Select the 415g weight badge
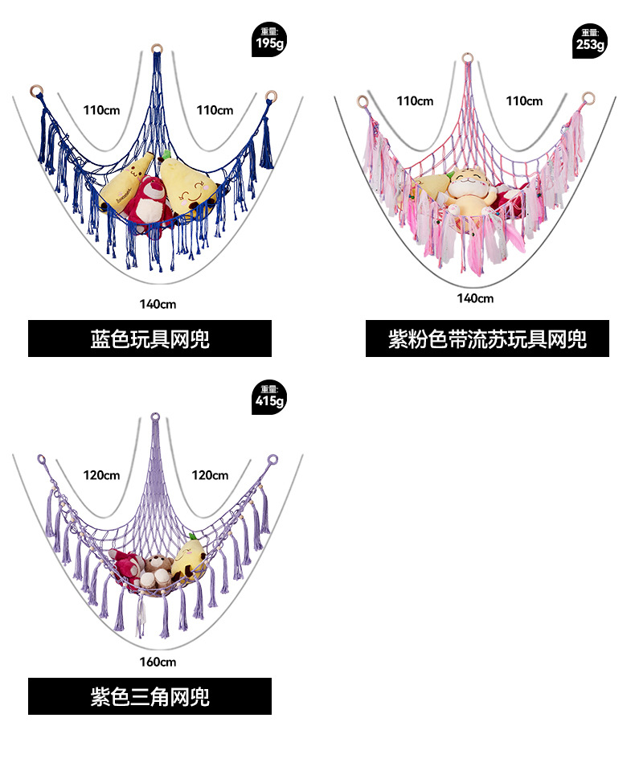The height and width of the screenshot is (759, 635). [x=268, y=396]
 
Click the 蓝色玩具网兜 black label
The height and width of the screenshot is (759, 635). [x=150, y=338]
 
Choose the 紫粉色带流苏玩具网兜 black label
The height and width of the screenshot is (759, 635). [x=487, y=338]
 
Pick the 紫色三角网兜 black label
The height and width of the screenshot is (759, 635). [x=150, y=696]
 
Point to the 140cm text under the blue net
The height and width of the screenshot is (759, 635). [x=157, y=304]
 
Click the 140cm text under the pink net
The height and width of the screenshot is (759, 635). [x=475, y=298]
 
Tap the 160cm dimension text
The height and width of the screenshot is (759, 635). [x=158, y=662]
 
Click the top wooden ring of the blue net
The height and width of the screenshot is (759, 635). [x=157, y=48]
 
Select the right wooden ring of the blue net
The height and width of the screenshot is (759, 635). [x=271, y=96]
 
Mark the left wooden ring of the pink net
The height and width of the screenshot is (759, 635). [x=363, y=101]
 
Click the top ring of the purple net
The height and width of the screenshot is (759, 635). [x=156, y=417]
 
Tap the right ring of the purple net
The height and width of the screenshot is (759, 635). [x=272, y=461]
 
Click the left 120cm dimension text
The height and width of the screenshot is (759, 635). [x=101, y=475]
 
